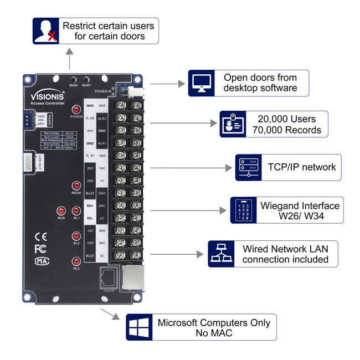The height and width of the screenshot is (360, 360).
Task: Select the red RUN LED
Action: [x=61, y=210]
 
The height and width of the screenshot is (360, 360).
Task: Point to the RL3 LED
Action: [x=76, y=261]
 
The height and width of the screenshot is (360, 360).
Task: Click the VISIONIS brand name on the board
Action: [x=48, y=95]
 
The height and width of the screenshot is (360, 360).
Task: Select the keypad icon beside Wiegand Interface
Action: [x=243, y=210]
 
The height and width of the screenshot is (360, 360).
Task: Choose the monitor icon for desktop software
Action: [x=200, y=83]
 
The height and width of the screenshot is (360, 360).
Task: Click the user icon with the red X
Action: [x=45, y=31]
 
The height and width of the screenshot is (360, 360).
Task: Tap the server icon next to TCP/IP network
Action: [x=248, y=167]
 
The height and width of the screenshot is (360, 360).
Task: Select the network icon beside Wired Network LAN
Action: [x=220, y=254]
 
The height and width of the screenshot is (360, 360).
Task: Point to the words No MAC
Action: [x=213, y=333]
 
